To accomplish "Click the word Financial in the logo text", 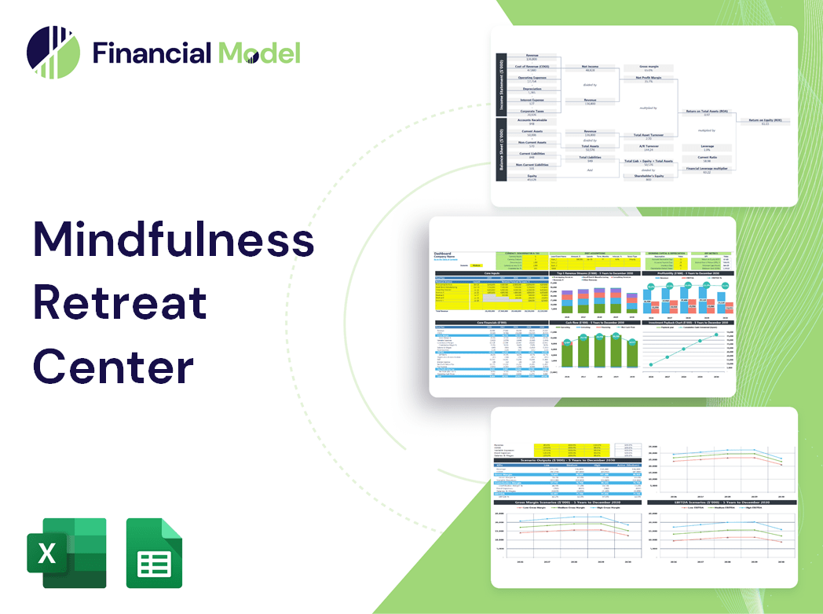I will tap(152, 53).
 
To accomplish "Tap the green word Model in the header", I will tap(259, 53).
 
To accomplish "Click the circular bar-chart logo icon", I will tap(53, 53).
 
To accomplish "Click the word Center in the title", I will tap(113, 366).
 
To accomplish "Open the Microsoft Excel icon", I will tap(66, 553).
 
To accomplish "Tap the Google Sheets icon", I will tap(155, 553).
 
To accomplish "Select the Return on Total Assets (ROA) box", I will tap(706, 113).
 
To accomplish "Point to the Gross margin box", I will tap(648, 68).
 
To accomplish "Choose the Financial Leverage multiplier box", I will tap(706, 170).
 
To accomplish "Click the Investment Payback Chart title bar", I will tap(689, 322).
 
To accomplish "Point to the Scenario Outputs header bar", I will tap(563, 460).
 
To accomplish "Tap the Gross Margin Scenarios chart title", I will tap(563, 503).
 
